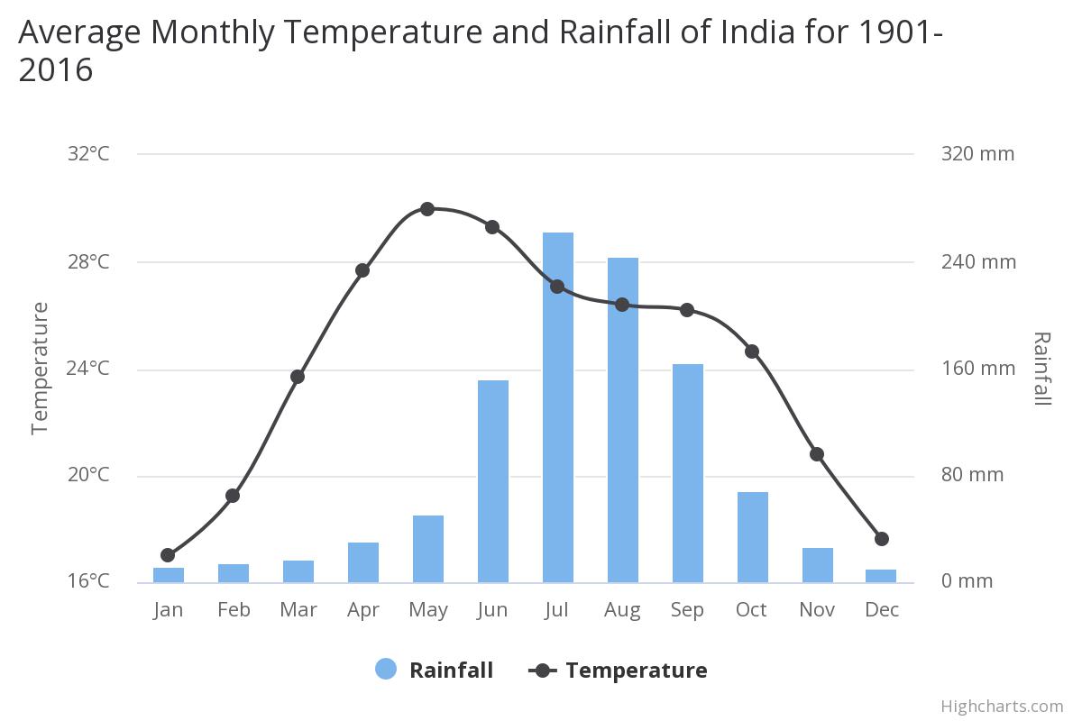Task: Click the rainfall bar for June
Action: click(x=493, y=481)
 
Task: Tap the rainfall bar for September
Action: click(x=688, y=473)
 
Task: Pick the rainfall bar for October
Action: click(x=753, y=537)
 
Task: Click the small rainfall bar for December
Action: click(x=882, y=576)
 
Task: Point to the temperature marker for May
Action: click(x=427, y=209)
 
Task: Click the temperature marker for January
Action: click(x=168, y=555)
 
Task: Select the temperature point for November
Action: click(x=817, y=454)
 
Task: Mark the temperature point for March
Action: click(x=298, y=377)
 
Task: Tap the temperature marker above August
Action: click(x=622, y=305)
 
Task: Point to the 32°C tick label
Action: click(x=88, y=154)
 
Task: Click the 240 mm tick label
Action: click(x=978, y=262)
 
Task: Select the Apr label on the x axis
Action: click(x=362, y=610)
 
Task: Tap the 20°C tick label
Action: click(x=88, y=475)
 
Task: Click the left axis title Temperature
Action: click(x=40, y=369)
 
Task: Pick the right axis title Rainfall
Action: click(x=1041, y=369)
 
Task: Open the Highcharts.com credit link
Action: click(x=1002, y=706)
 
